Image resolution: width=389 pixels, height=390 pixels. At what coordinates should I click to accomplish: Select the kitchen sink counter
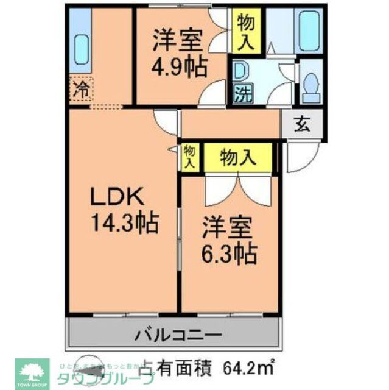coord(80,46)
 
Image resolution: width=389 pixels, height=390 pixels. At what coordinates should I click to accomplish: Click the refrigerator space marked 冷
coord(80,91)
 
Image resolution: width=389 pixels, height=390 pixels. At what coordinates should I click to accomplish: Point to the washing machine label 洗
coord(241,94)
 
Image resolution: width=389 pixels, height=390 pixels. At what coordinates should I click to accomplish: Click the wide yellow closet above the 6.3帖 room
coord(238,158)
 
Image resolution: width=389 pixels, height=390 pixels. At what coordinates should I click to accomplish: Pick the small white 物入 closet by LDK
coord(189,157)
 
